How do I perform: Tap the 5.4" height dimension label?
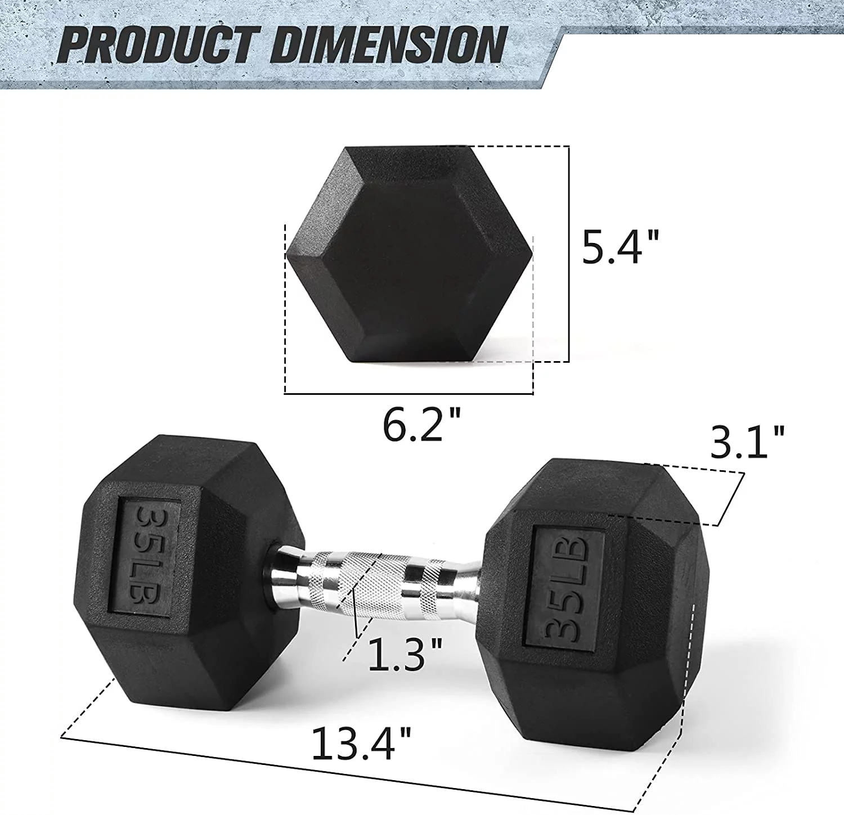[x=619, y=247]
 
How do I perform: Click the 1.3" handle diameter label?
[x=405, y=654]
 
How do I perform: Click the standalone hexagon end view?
[x=409, y=255]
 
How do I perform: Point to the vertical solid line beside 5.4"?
[x=569, y=253]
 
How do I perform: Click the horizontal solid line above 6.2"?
[x=408, y=394]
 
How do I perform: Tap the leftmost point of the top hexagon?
[x=288, y=255]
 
